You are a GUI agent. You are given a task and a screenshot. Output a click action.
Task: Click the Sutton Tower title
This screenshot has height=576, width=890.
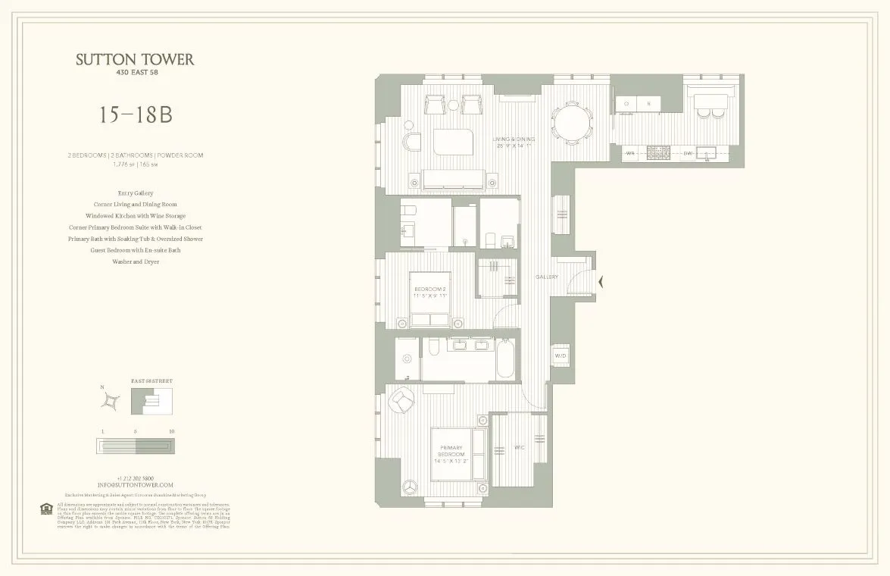coord(135,60)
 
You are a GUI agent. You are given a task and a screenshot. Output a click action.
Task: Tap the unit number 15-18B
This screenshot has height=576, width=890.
coord(135,115)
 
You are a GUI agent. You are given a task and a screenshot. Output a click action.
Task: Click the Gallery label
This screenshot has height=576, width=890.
coord(546,277)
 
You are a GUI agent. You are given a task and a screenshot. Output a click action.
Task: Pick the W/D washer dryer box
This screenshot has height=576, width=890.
coord(561,355)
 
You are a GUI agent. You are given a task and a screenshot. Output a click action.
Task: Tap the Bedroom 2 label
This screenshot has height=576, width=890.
coord(430,292)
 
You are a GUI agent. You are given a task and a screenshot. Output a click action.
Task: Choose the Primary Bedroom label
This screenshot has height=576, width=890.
coord(451,453)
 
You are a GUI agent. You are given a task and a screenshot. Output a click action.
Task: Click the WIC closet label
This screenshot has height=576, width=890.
coord(520,447)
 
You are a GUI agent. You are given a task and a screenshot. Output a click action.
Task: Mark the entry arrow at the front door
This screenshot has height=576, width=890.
coord(601,282)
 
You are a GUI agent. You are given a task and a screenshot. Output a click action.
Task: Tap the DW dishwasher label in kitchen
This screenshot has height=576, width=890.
coord(687,154)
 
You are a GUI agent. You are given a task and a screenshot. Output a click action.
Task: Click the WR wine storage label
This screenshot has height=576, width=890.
coord(630,154)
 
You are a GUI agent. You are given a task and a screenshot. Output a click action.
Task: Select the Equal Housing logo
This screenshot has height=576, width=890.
coord(45,508)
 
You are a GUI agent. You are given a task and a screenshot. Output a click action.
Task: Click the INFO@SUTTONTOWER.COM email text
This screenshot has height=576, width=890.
coord(135,485)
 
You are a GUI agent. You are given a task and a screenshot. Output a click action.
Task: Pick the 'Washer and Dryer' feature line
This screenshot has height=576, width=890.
coord(135,261)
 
